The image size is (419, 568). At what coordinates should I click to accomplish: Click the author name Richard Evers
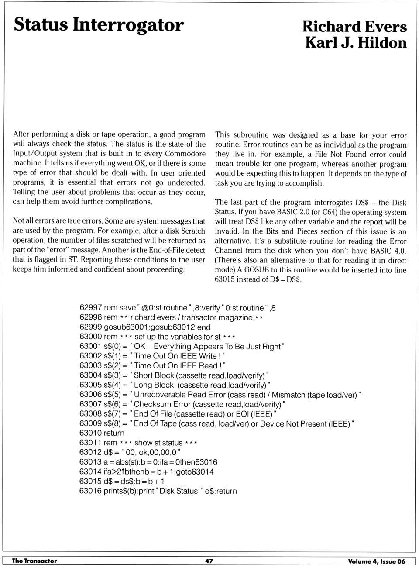pyautogui.click(x=354, y=27)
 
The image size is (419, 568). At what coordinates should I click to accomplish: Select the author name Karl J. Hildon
pyautogui.click(x=356, y=43)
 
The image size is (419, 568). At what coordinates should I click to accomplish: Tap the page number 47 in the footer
pyautogui.click(x=209, y=561)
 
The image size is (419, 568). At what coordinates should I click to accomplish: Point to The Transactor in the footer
pyautogui.click(x=34, y=561)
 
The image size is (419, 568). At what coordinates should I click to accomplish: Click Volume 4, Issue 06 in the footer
pyautogui.click(x=376, y=561)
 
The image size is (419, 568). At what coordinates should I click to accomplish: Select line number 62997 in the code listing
pyautogui.click(x=91, y=308)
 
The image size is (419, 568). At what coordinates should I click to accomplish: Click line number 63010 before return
pyautogui.click(x=91, y=433)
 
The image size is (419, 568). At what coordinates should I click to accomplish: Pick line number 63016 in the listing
pyautogui.click(x=91, y=491)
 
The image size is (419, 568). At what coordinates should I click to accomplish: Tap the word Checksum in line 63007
pyautogui.click(x=150, y=404)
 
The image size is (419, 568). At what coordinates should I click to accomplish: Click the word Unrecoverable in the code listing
pyautogui.click(x=160, y=395)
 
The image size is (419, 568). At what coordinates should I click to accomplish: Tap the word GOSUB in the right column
pyautogui.click(x=257, y=270)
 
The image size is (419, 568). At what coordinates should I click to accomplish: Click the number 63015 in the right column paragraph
pyautogui.click(x=224, y=279)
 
